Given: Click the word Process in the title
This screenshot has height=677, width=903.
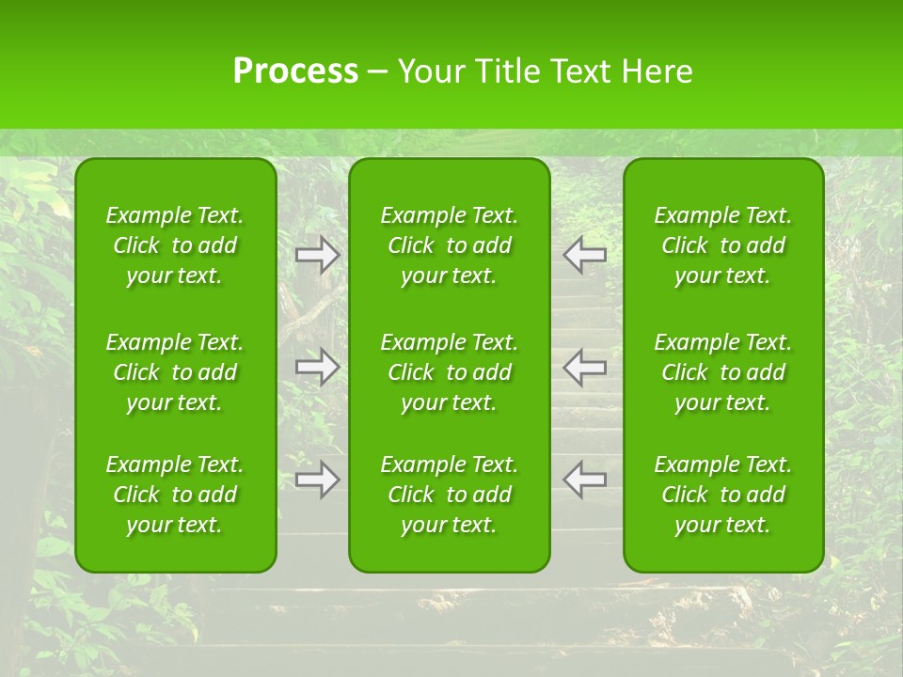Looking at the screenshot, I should (295, 71).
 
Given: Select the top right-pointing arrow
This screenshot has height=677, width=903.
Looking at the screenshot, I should (318, 254).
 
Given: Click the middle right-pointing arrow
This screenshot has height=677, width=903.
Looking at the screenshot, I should (318, 367).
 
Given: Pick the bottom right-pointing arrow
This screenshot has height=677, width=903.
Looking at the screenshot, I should (318, 480).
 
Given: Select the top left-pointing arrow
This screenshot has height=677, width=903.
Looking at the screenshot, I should (585, 254).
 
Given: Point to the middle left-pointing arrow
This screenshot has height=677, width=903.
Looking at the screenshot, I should (585, 367).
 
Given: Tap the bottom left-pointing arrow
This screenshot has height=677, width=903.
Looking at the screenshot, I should (585, 480).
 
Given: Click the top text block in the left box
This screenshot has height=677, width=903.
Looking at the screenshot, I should (175, 245).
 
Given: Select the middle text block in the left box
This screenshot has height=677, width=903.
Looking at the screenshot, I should (175, 372).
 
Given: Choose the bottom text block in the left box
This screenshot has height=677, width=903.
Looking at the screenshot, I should (175, 495).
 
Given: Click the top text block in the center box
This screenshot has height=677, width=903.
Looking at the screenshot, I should (449, 245).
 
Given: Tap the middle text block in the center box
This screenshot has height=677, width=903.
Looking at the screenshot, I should (449, 372).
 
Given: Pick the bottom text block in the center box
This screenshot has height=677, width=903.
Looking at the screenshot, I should (449, 495).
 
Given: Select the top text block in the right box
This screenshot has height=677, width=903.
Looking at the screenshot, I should (722, 245).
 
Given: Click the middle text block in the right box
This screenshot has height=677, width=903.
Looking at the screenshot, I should (722, 372).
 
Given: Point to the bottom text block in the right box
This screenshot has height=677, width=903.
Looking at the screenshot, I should (722, 495).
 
